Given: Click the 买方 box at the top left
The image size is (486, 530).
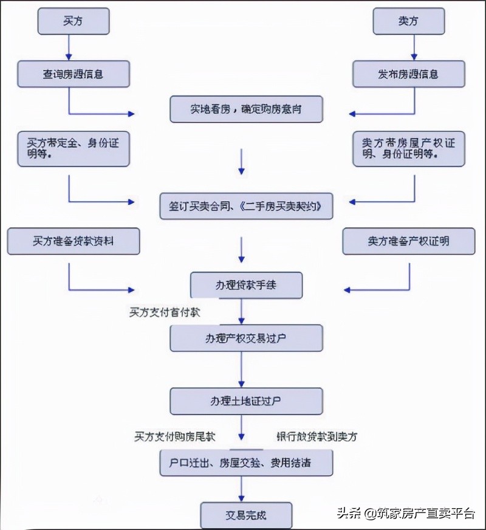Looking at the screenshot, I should [x=73, y=21].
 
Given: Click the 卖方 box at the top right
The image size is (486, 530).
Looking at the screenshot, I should [x=408, y=21].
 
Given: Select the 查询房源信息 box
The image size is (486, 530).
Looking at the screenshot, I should [x=73, y=74].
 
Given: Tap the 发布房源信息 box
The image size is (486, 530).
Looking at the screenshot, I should [x=408, y=74].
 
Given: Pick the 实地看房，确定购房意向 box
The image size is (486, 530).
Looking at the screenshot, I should [x=245, y=109].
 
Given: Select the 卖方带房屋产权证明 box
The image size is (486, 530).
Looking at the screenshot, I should [x=408, y=148].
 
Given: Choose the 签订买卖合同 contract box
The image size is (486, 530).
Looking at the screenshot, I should [x=246, y=207].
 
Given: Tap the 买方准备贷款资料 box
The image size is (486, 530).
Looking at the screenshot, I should [x=73, y=241].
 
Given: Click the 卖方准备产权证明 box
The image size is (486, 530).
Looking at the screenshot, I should [x=408, y=241].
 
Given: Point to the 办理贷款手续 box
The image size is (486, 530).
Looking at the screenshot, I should [x=246, y=284].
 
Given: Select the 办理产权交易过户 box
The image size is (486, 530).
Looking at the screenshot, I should [x=246, y=338].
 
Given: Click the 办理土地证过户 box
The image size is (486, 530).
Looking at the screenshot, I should [x=246, y=402].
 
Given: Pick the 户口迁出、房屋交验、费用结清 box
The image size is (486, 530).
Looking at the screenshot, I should [x=246, y=463].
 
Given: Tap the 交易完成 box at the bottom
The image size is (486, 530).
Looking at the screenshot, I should [x=246, y=515].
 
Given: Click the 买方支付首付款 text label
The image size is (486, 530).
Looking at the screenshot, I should [x=164, y=312].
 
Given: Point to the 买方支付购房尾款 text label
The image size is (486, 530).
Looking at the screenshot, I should [x=175, y=436].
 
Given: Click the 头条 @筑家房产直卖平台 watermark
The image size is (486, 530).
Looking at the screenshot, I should [x=405, y=513].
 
